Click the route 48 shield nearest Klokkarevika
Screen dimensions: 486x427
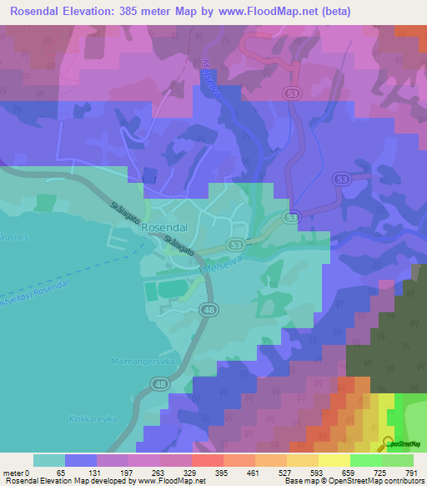coord(160,383)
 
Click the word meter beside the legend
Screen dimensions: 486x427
coord(13,472)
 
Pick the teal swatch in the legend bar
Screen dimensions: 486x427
coord(49,460)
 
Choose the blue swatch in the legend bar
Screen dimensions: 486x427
coord(81,460)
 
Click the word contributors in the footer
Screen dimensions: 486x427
coord(401,481)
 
